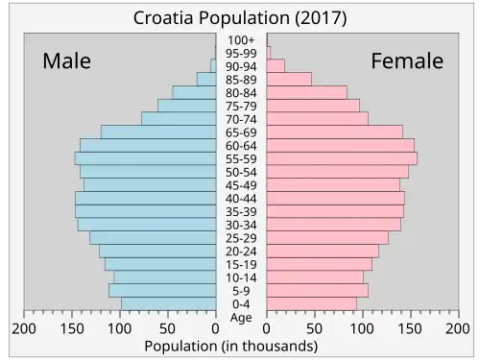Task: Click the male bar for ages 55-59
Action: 145,158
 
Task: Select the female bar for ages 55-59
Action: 342,158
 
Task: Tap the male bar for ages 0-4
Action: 169,303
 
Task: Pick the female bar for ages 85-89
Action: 289,79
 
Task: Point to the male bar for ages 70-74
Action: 179,119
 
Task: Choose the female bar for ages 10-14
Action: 315,277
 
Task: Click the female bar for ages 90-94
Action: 276,66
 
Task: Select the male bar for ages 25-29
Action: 153,238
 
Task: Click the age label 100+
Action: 241,40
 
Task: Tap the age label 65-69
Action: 241,132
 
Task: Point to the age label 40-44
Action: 241,199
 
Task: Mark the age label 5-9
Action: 241,291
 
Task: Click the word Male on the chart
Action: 66,60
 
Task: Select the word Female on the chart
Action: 407,60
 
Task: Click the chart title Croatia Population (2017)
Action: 240,18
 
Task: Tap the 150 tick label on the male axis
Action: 72,328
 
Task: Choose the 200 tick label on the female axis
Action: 458,328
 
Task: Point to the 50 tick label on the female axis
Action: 315,328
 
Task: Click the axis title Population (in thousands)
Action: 231,347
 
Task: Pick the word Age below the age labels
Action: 241,318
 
